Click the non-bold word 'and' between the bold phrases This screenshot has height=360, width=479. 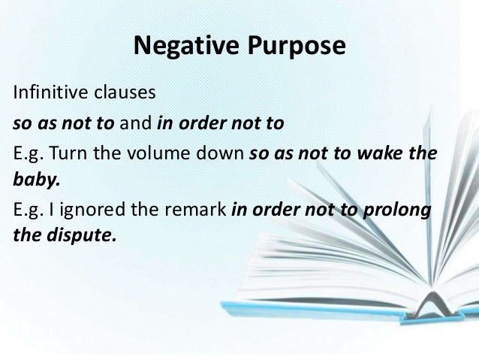pos(139,119)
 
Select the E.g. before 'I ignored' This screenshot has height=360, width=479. pos(26,211)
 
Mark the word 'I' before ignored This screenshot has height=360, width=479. pos(52,211)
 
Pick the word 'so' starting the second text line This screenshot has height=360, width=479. pos(20,119)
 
